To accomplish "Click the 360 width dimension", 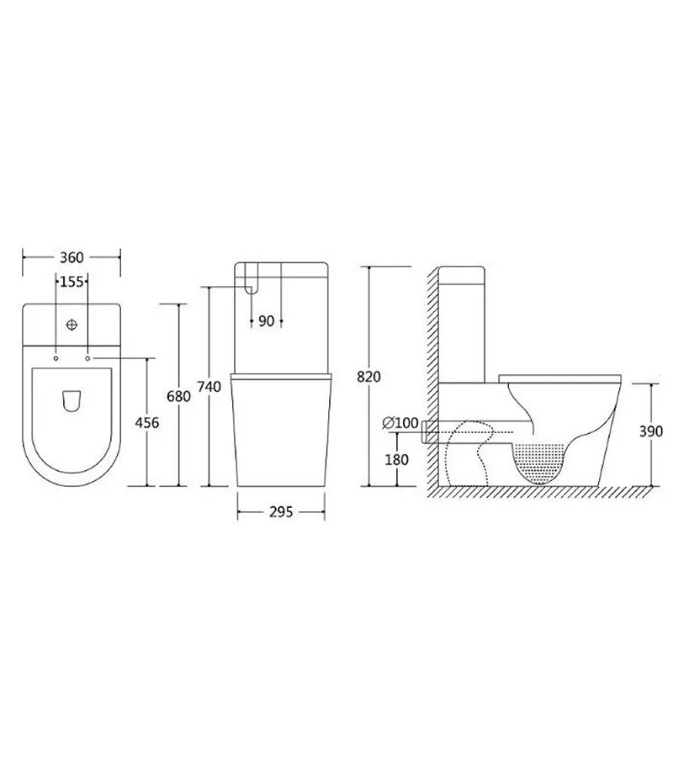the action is tap(72, 257).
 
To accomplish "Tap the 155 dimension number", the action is tap(72, 283).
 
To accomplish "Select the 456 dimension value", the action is tap(147, 423).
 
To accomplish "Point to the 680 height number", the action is tap(178, 396).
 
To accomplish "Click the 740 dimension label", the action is tap(209, 386).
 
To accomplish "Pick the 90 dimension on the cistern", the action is tap(267, 321).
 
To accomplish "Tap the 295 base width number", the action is tap(281, 511).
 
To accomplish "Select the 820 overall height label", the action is tap(368, 377).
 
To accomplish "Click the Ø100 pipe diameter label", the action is tap(400, 423).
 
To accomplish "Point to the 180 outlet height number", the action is tap(396, 460).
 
